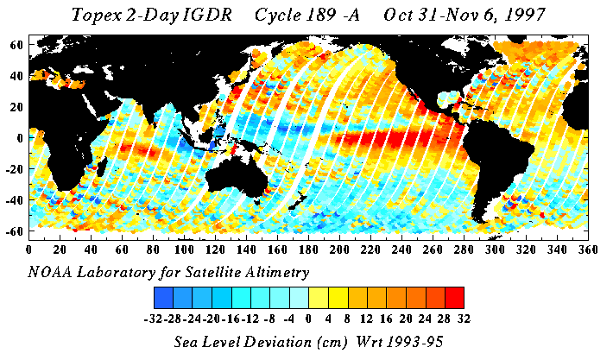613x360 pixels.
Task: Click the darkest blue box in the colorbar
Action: pyautogui.click(x=163, y=297)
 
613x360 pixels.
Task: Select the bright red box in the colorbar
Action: pyautogui.click(x=454, y=297)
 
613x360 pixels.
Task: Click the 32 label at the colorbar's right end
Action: pyautogui.click(x=464, y=317)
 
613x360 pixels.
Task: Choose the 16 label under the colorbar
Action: pyautogui.click(x=386, y=317)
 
